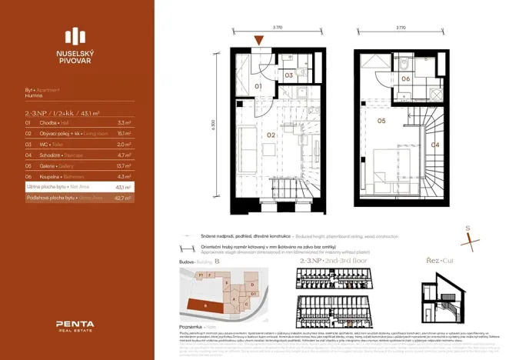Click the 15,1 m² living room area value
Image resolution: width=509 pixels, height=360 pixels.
pyautogui.click(x=124, y=133)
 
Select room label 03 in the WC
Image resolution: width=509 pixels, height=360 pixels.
pyautogui.click(x=289, y=75)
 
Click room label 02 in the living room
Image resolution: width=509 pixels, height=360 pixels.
pyautogui.click(x=271, y=135)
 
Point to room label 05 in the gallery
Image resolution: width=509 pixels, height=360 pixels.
pyautogui.click(x=381, y=121)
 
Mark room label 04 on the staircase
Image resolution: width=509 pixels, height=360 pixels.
pyautogui.click(x=434, y=144)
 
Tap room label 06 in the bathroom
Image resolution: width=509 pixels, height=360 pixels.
pyautogui.click(x=405, y=78)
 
